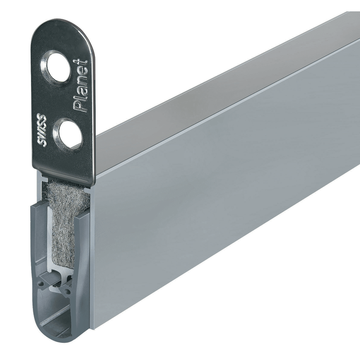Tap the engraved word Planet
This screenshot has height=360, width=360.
[80, 86]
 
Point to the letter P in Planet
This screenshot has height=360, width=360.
[79, 106]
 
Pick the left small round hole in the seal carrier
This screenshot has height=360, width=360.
[42, 284]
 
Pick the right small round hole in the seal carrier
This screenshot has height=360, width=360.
[67, 292]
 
